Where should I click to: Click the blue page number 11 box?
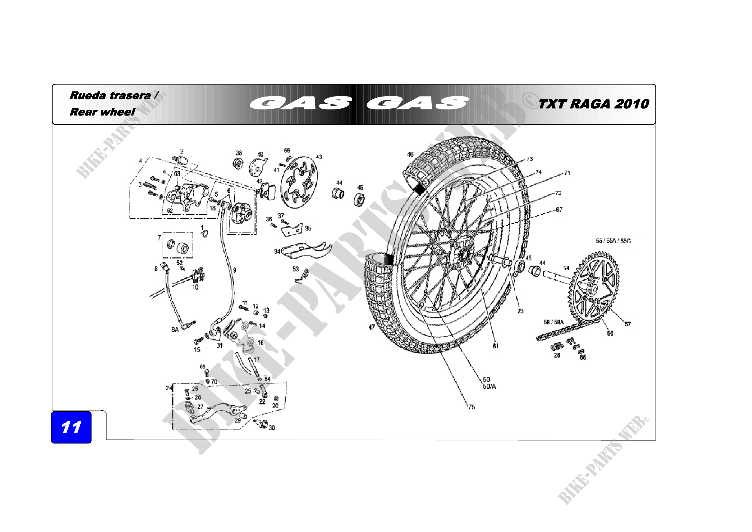coord(71,427)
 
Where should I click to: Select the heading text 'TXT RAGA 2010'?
coord(593,104)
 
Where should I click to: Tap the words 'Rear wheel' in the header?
coord(102,112)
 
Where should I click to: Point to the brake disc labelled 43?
coord(299,182)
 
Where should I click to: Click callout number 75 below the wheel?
coord(471,407)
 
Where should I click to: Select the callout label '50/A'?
coord(489,387)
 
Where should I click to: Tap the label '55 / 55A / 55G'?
coord(613,241)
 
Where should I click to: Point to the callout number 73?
coord(530,159)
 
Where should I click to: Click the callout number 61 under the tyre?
coord(495,346)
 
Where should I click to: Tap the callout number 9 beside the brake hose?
coord(234,270)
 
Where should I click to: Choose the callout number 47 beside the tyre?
coord(372,327)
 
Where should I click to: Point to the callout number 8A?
coord(175,330)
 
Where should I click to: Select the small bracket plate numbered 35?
coord(291,230)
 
